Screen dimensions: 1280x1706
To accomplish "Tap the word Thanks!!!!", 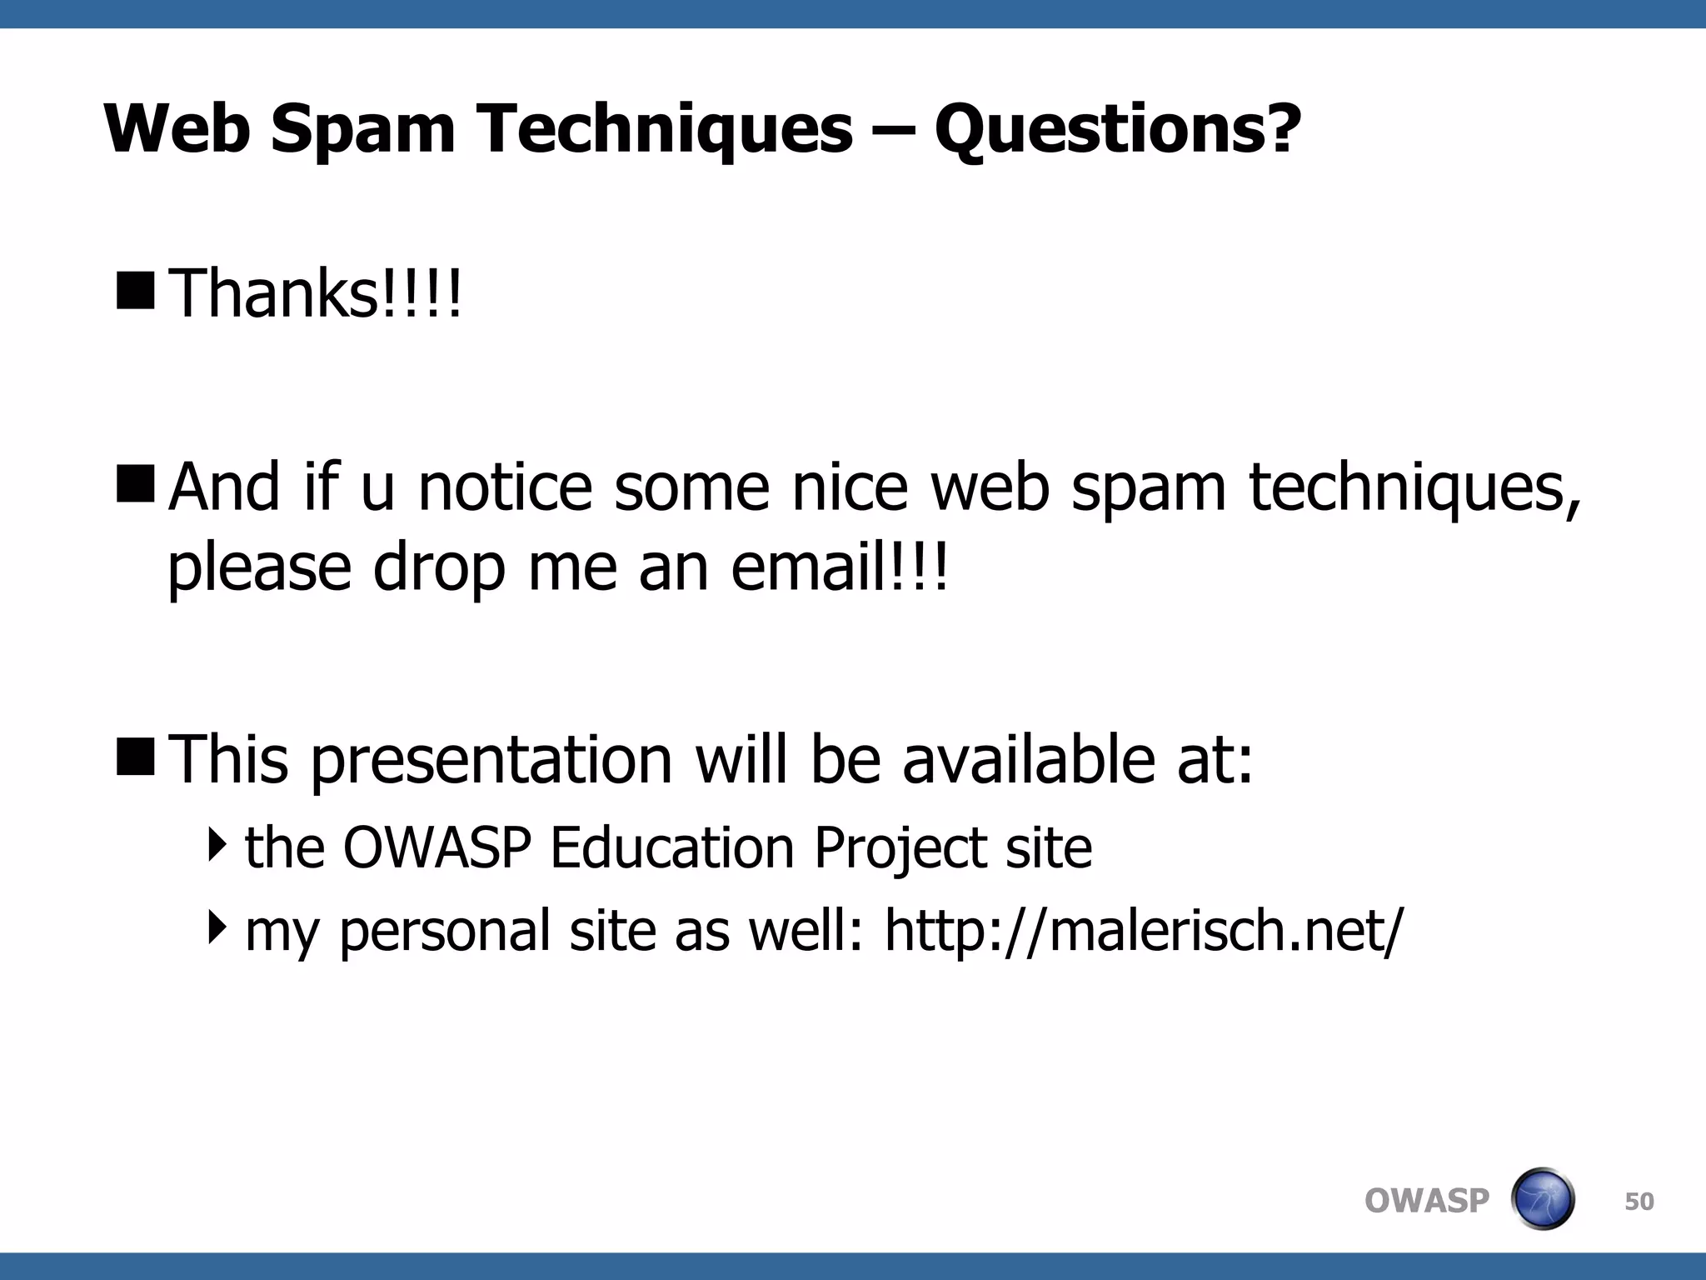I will point(315,293).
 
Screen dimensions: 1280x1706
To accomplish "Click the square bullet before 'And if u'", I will point(136,483).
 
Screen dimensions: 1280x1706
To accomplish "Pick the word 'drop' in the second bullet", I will point(439,569).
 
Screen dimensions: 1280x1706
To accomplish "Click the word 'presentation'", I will point(491,760).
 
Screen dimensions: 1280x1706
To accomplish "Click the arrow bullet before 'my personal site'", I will point(217,927).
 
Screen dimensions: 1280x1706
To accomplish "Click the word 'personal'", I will point(445,932).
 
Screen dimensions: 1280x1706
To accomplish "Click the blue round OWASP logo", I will point(1542,1199).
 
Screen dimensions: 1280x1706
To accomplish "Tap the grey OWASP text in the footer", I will point(1426,1201).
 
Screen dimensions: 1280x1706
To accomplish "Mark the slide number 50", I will point(1639,1202).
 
